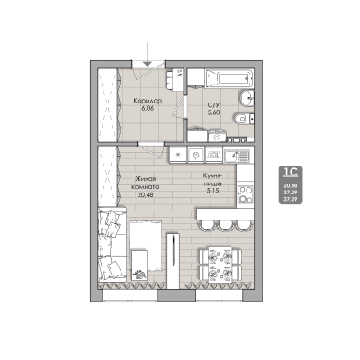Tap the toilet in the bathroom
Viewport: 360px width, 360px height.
click(236, 118)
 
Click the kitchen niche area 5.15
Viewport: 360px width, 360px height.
click(212, 191)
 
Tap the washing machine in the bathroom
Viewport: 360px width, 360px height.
click(217, 135)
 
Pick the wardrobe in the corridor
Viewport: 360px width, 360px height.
click(112, 103)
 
